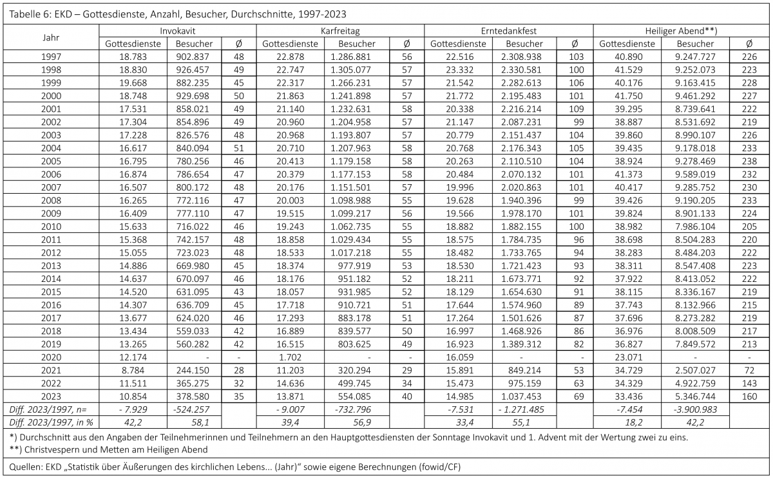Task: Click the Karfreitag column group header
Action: tap(340, 31)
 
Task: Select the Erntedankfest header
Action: tap(508, 31)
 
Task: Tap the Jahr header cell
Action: tap(51, 37)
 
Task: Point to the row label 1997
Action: tap(51, 57)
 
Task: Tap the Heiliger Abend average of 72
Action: tap(749, 371)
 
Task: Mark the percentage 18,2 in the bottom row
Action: tap(627, 423)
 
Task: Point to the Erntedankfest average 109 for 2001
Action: tap(573, 109)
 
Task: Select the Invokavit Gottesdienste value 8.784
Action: tap(132, 371)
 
